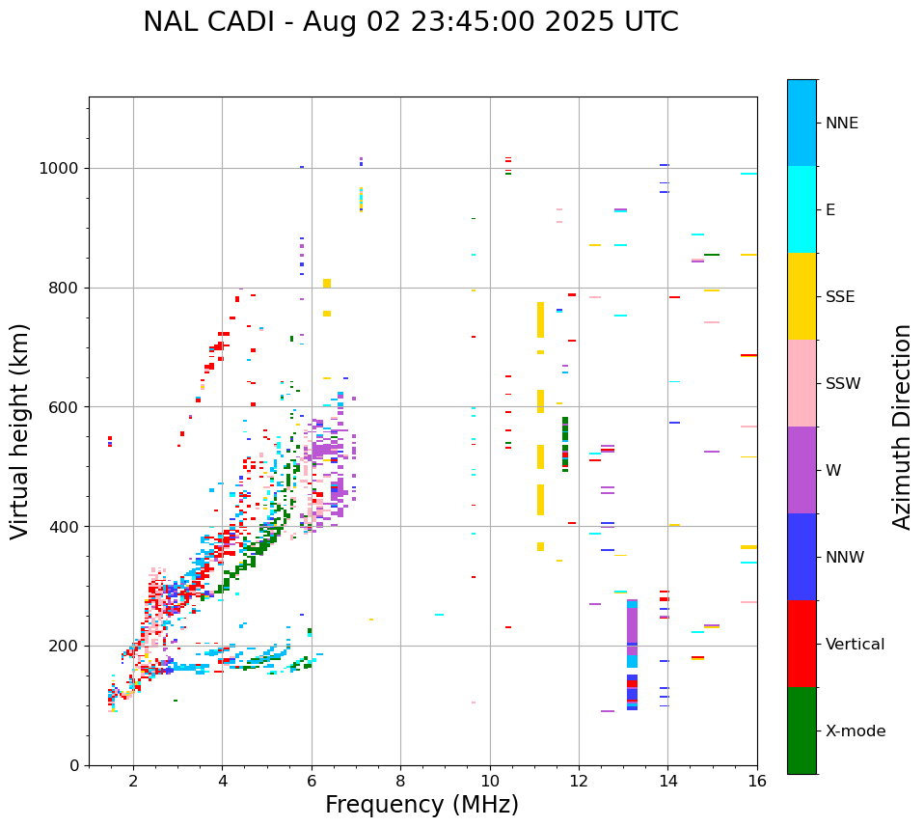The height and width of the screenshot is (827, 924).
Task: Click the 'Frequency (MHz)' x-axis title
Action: click(421, 805)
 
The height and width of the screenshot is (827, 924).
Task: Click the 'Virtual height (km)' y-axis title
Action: click(20, 430)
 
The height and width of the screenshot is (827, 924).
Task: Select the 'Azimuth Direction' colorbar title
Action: click(902, 427)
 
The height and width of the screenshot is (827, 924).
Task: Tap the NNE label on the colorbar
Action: click(841, 124)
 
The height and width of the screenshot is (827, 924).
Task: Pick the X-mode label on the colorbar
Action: click(856, 731)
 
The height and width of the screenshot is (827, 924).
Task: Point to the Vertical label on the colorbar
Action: click(855, 645)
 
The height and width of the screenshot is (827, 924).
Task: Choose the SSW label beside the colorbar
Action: click(843, 384)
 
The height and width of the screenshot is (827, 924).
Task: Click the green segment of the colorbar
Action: click(802, 731)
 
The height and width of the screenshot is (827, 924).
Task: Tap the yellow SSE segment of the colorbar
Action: click(802, 296)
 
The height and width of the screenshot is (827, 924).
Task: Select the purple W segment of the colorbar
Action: click(802, 470)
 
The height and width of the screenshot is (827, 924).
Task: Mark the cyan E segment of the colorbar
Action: click(802, 209)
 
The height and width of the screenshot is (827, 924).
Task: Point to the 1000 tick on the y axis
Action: click(61, 168)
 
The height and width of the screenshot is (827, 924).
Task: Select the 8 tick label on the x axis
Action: click(400, 782)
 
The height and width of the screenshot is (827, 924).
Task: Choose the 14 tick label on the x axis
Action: click(667, 782)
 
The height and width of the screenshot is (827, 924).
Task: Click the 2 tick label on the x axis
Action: click(133, 782)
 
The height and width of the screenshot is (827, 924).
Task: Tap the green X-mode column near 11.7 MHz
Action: click(565, 444)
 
